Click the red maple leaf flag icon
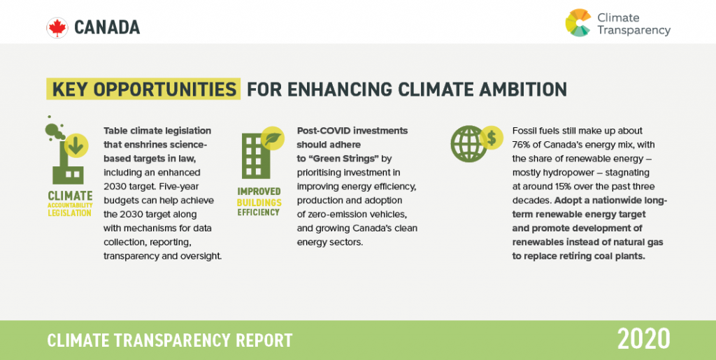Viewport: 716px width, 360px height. click(x=57, y=28)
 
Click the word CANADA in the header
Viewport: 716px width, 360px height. click(x=107, y=28)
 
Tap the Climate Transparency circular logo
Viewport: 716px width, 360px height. click(x=578, y=22)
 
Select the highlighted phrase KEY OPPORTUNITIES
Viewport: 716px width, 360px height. click(x=144, y=89)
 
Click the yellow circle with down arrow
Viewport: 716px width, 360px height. click(x=76, y=146)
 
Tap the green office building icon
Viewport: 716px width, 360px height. click(x=256, y=156)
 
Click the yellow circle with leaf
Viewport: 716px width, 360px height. click(x=273, y=138)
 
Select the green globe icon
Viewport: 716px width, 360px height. click(x=468, y=144)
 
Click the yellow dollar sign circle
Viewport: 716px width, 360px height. click(x=492, y=138)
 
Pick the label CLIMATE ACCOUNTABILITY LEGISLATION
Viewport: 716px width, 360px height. click(x=70, y=203)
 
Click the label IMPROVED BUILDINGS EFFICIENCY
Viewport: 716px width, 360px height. click(x=259, y=202)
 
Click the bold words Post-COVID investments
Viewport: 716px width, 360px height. click(x=352, y=131)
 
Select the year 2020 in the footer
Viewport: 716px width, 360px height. click(x=644, y=339)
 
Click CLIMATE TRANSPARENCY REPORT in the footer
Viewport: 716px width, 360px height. click(x=170, y=340)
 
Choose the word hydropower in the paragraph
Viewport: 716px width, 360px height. click(x=560, y=173)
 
